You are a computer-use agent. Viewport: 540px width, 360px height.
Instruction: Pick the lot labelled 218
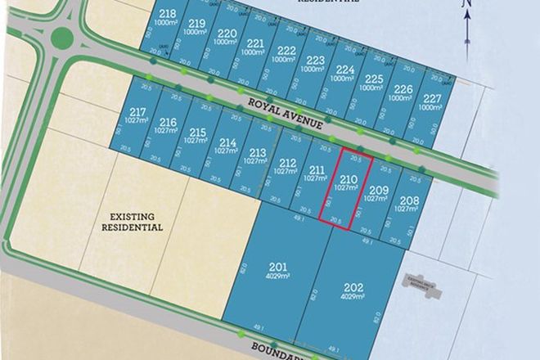tap(169, 18)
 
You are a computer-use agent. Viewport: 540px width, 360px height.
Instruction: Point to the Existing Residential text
tap(131, 222)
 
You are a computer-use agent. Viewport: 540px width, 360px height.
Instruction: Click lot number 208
tap(409, 204)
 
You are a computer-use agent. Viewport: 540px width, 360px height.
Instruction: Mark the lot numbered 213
tap(257, 156)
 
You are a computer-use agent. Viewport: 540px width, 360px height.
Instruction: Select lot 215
tap(197, 135)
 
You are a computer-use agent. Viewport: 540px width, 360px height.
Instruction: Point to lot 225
tap(373, 83)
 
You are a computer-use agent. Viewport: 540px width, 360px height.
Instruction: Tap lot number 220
tap(227, 38)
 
